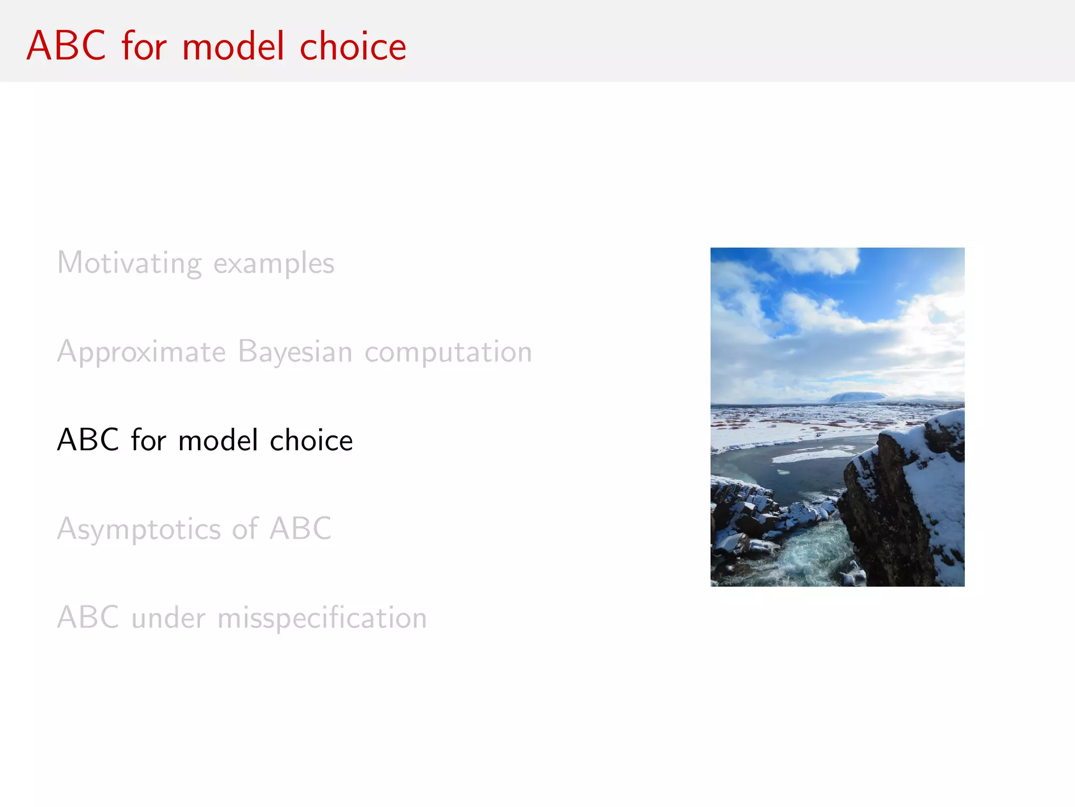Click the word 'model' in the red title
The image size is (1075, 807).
coord(233,46)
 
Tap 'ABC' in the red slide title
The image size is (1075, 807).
coord(66,46)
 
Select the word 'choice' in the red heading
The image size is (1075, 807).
coord(353,46)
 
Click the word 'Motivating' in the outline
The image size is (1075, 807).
coord(129,263)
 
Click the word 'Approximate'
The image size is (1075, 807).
coord(141,352)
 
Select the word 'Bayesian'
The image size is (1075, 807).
coord(294,352)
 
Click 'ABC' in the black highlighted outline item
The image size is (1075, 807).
coord(88,440)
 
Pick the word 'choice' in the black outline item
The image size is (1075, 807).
coord(311,440)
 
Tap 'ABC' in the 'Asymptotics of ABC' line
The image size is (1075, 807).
coord(300,529)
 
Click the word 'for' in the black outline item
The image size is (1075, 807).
coord(149,440)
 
